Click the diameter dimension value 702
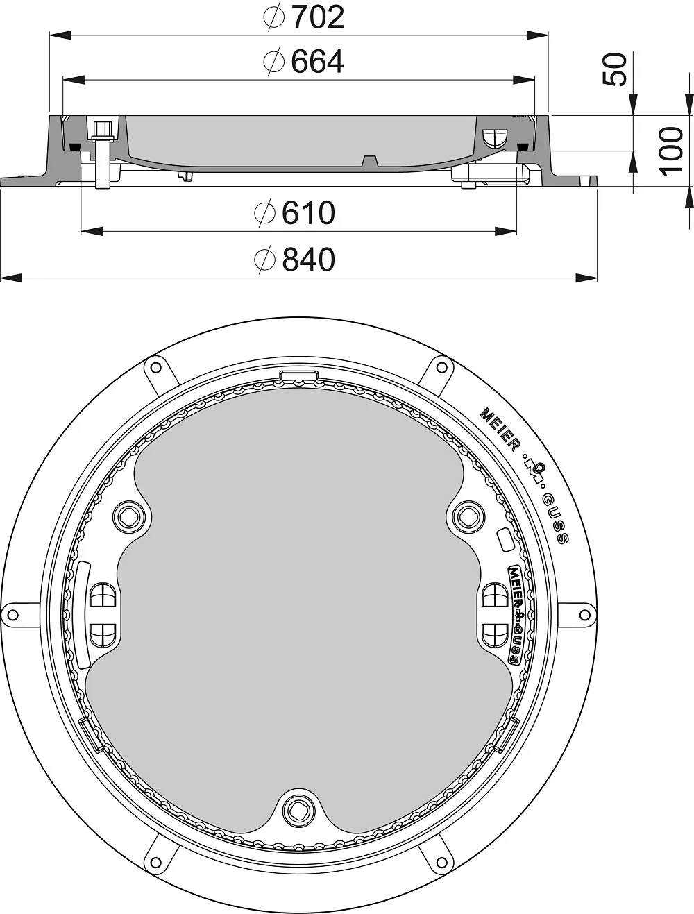pyautogui.click(x=319, y=17)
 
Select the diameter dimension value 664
pyautogui.click(x=317, y=62)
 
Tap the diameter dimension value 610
pyautogui.click(x=308, y=213)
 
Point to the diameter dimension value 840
pyautogui.click(x=308, y=259)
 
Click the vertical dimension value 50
pyautogui.click(x=615, y=69)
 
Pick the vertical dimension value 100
pyautogui.click(x=670, y=151)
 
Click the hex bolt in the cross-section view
pyautogui.click(x=103, y=155)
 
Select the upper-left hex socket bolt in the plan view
pyautogui.click(x=129, y=517)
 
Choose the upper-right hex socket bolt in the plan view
pyautogui.click(x=468, y=517)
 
